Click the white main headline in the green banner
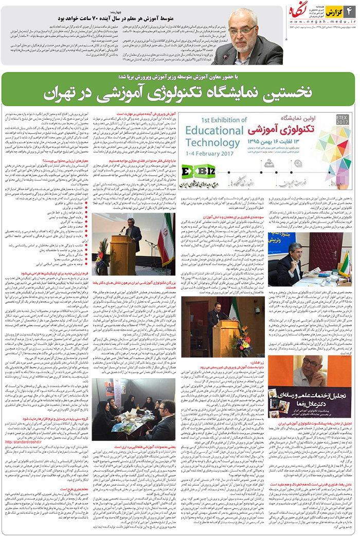(x=180, y=93)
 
